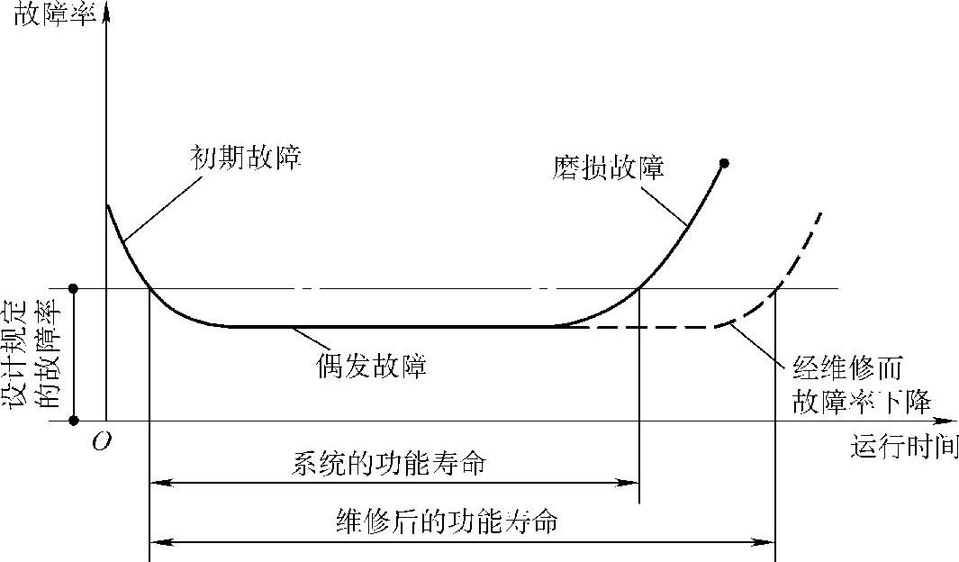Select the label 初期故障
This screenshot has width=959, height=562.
245,159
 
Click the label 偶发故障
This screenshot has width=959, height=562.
371,367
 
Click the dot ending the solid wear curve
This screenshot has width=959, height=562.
724,163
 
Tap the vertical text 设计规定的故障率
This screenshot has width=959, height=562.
45,356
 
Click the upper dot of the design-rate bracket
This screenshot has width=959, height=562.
75,288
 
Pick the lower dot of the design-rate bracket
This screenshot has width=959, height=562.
75,421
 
